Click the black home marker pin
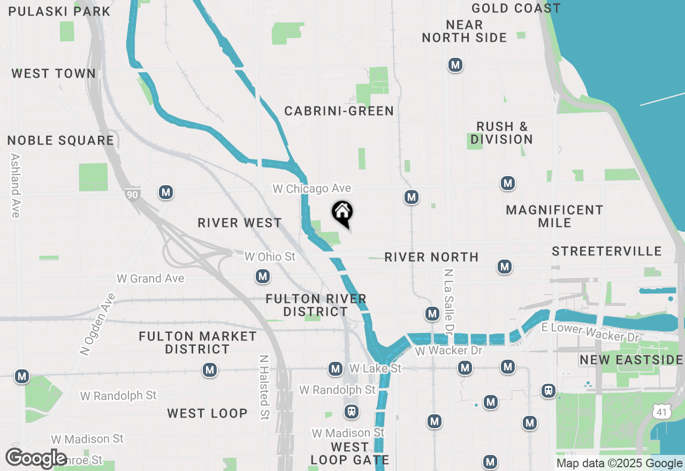342,213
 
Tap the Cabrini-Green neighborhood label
339,111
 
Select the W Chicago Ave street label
312,189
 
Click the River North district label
431,257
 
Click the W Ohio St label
270,257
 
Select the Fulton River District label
316,305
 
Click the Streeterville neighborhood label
607,252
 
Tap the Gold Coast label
516,9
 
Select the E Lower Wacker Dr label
590,333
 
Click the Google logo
36,459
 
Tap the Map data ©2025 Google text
619,464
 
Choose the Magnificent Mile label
554,216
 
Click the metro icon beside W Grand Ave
262,277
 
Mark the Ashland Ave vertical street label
15,186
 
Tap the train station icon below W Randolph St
351,412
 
